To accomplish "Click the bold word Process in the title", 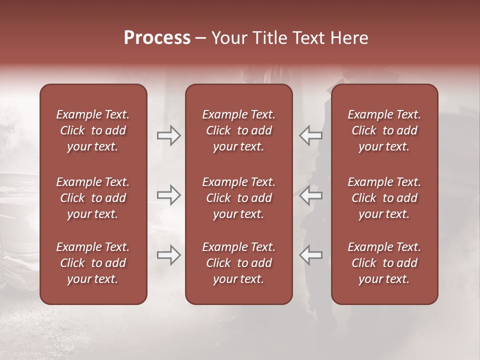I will (x=157, y=38).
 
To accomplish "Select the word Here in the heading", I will (x=350, y=38).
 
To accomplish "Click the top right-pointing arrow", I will (x=169, y=135).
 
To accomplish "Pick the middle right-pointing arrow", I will (x=169, y=195).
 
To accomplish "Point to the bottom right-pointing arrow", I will (x=169, y=255).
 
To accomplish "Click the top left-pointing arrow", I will (x=310, y=135).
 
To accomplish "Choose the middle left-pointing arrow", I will (x=310, y=195).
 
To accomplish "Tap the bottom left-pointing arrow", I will (x=310, y=255).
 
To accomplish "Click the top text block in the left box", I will (x=93, y=130).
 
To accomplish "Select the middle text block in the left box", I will (x=93, y=198).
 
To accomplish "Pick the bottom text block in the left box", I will (x=93, y=263).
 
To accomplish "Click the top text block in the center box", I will (x=239, y=130).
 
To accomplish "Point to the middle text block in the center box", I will (x=239, y=198).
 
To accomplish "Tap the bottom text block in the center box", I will (x=239, y=263).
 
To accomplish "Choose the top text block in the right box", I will (x=384, y=130).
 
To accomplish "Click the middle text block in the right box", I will (x=384, y=198).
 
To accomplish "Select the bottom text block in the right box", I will (x=384, y=263).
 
